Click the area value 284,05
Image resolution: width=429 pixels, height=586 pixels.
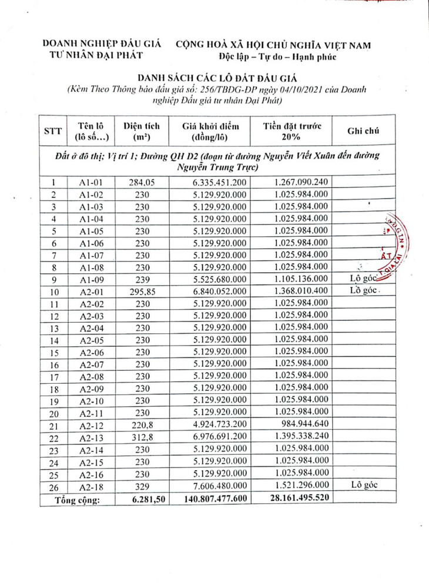pyautogui.click(x=141, y=182)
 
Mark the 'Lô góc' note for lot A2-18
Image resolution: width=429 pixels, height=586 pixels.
pyautogui.click(x=363, y=485)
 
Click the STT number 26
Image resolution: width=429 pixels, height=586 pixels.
pyautogui.click(x=53, y=485)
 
